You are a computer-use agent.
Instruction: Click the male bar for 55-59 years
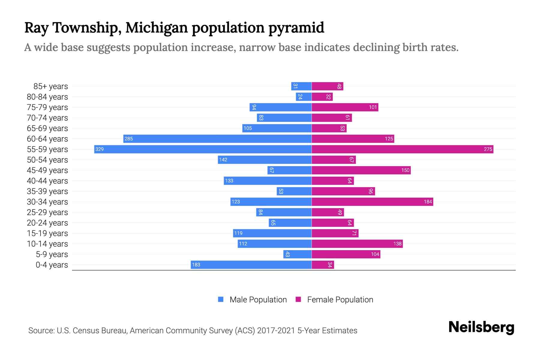tap(203, 149)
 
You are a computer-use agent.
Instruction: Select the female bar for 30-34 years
tap(372, 202)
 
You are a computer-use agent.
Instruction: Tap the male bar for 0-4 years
tap(251, 265)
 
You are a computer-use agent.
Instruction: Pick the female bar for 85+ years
tap(327, 86)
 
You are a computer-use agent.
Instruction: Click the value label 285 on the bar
tap(129, 139)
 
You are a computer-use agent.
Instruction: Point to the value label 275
tap(488, 149)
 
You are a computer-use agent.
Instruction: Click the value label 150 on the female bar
tap(405, 170)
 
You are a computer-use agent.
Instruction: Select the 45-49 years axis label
tap(47, 170)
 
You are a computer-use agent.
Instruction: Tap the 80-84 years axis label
tap(47, 97)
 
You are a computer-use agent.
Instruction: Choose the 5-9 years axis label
tap(52, 254)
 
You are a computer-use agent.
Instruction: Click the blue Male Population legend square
tap(221, 299)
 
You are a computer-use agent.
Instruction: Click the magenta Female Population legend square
tap(298, 299)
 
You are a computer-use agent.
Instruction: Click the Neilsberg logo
tap(481, 327)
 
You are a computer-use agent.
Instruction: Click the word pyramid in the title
tap(296, 28)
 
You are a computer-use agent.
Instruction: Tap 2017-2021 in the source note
tap(276, 330)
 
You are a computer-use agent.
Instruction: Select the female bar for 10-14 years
tap(357, 244)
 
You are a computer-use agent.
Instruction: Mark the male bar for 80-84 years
tap(304, 97)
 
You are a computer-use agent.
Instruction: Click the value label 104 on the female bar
tap(375, 254)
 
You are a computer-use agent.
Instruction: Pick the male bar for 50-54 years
tap(265, 160)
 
